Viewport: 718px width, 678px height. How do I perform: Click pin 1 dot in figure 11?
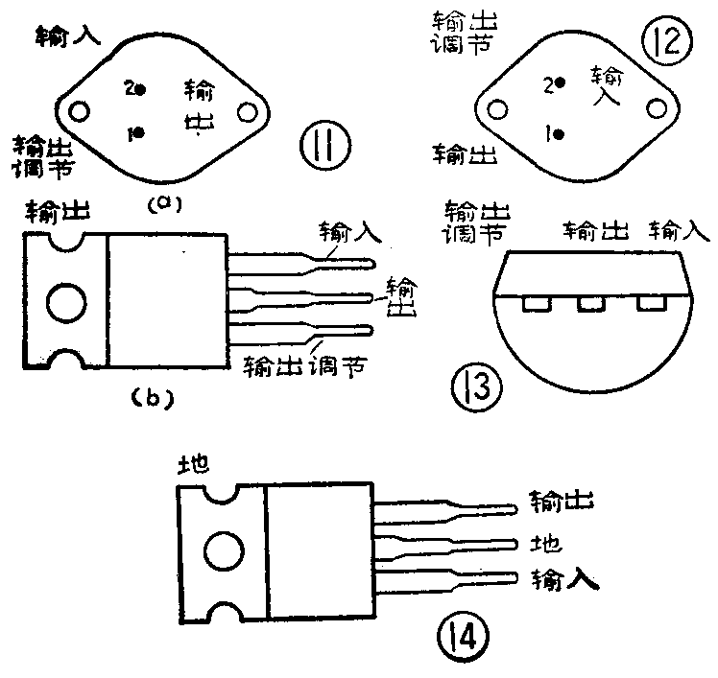click(x=140, y=132)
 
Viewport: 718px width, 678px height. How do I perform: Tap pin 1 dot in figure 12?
click(x=560, y=134)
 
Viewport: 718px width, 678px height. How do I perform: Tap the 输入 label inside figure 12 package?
click(x=607, y=84)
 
